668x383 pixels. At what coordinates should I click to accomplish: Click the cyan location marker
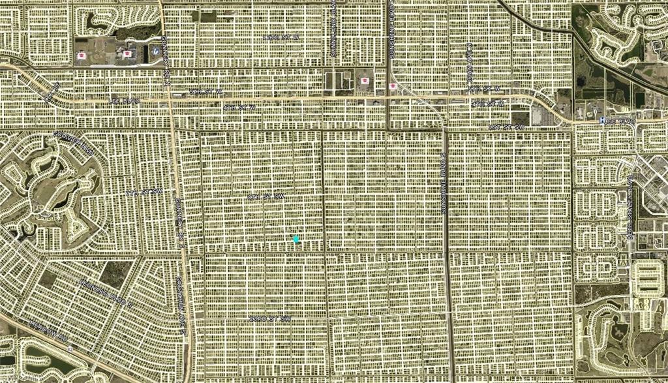pyautogui.click(x=296, y=239)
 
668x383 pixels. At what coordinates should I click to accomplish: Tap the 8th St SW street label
pyautogui.click(x=267, y=196)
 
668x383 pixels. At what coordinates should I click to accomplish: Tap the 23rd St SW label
pyautogui.click(x=269, y=318)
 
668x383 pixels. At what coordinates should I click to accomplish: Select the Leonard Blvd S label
pyautogui.click(x=82, y=290)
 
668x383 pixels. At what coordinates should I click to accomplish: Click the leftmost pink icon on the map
pyautogui.click(x=82, y=55)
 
